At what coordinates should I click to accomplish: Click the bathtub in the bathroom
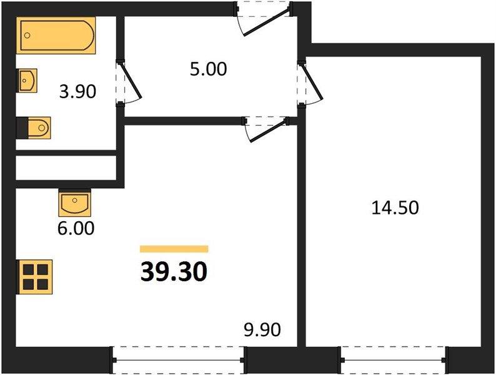(x=56, y=36)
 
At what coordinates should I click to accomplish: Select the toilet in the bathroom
(x=37, y=128)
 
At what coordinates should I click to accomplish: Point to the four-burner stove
(x=35, y=276)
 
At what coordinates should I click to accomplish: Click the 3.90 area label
(x=77, y=92)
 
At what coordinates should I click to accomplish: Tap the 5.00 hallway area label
(x=208, y=69)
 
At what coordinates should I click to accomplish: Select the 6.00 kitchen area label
(x=77, y=229)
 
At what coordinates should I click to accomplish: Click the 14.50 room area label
(x=394, y=207)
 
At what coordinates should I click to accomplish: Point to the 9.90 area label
(x=262, y=329)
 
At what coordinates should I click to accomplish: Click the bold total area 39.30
(x=173, y=272)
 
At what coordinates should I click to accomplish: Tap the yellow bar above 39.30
(x=174, y=249)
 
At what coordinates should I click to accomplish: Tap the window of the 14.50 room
(x=394, y=360)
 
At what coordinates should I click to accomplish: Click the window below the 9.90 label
(x=178, y=360)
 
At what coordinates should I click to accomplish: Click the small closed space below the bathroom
(x=66, y=167)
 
